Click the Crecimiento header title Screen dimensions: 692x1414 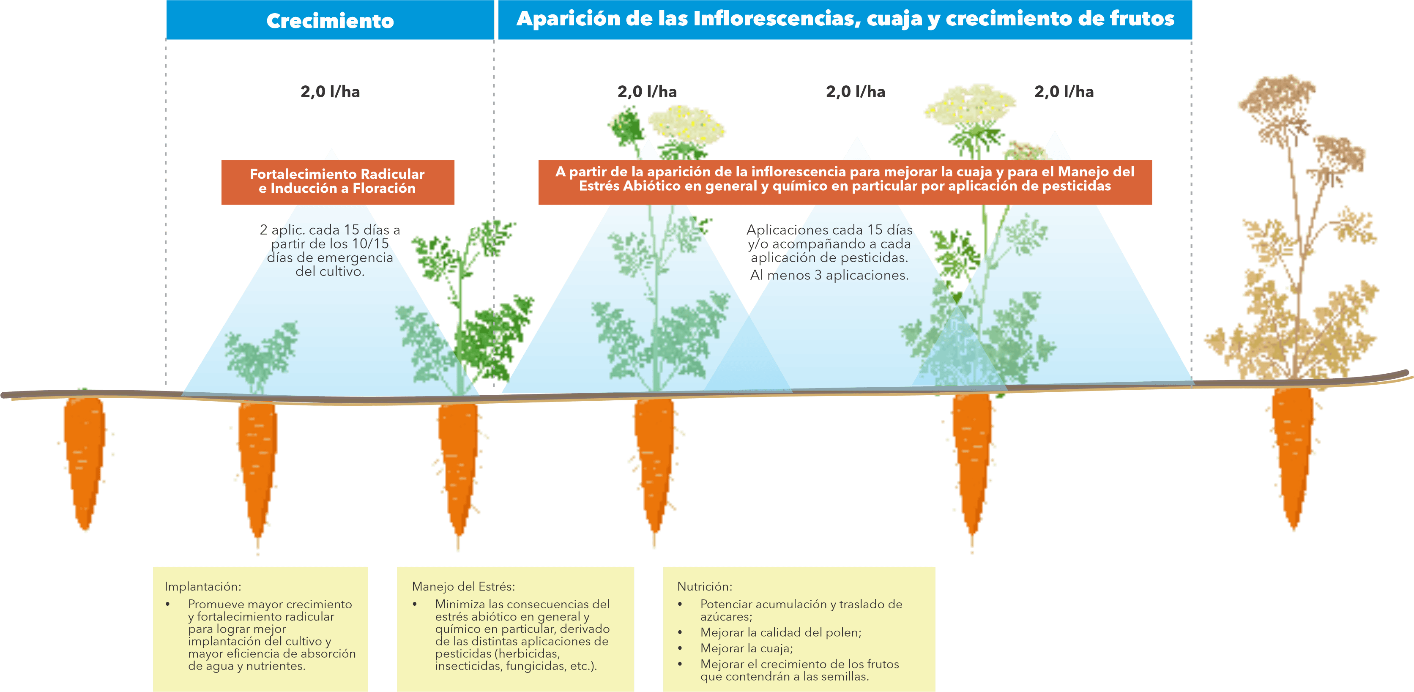(330, 21)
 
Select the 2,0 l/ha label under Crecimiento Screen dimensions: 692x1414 (330, 92)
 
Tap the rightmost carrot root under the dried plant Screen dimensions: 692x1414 (1293, 455)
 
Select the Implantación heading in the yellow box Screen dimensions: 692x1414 (202, 587)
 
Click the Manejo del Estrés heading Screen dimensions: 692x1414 (463, 587)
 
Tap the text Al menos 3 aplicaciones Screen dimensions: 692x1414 (829, 276)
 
